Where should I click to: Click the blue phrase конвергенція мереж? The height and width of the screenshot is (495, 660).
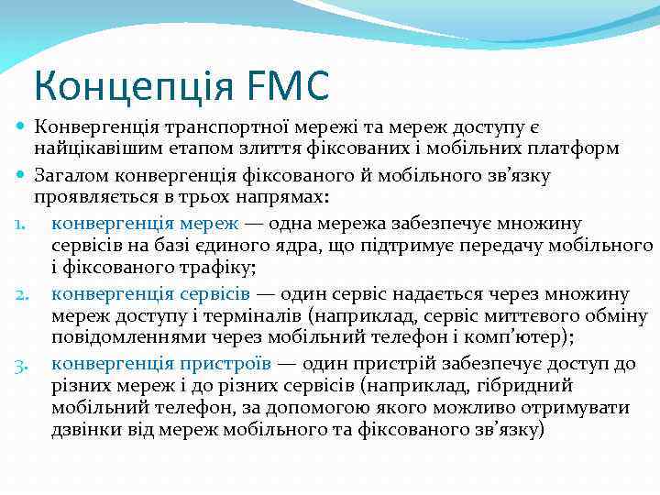pyautogui.click(x=145, y=222)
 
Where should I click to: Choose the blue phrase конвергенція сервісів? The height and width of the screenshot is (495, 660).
pyautogui.click(x=150, y=294)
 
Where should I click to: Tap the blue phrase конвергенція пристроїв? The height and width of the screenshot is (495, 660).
pyautogui.click(x=160, y=364)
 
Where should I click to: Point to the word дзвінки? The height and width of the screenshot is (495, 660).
pyautogui.click(x=85, y=432)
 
